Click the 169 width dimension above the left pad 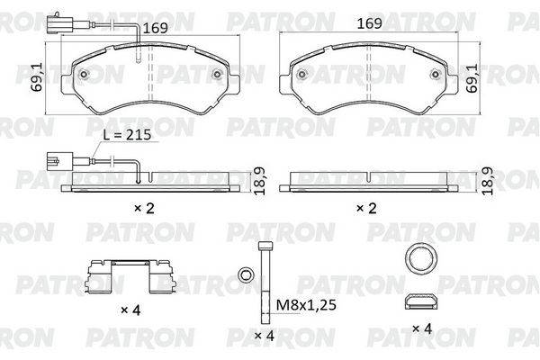click(155, 28)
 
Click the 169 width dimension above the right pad click(370, 23)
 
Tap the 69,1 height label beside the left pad click(37, 77)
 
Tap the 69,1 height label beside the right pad click(472, 78)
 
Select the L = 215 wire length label click(128, 135)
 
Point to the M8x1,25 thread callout click(306, 305)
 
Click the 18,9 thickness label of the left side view click(259, 182)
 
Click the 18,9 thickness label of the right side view click(488, 182)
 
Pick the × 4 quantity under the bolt click(264, 336)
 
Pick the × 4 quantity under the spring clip click(130, 310)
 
